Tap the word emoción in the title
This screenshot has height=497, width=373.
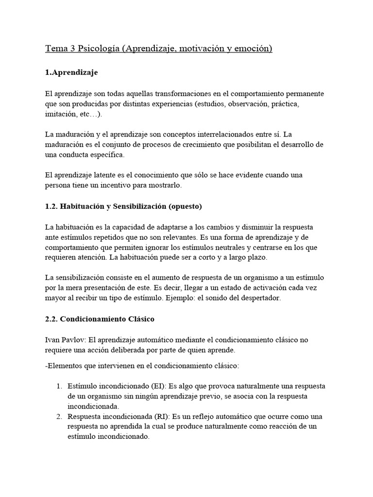[x=252, y=49]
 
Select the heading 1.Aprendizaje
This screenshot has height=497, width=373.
[x=71, y=72]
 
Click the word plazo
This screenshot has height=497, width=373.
[x=256, y=258]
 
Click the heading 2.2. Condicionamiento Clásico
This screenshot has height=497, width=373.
[x=100, y=320]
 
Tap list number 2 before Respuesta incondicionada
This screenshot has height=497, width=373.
[x=59, y=417]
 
